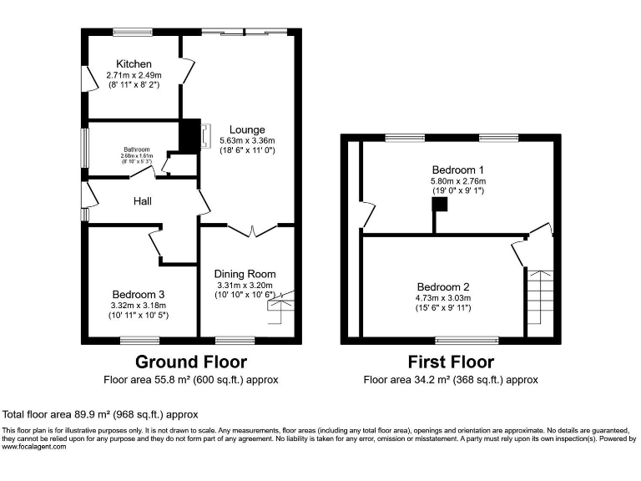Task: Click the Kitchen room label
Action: tap(134, 63)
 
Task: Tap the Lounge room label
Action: tap(247, 129)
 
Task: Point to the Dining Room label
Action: tap(245, 274)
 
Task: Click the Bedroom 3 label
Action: tap(139, 294)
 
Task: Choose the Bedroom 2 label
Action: tap(444, 286)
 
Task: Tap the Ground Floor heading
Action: tap(192, 362)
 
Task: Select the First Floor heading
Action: tap(450, 362)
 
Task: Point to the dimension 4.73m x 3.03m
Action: tap(444, 297)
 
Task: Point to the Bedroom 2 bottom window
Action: tap(456, 340)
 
